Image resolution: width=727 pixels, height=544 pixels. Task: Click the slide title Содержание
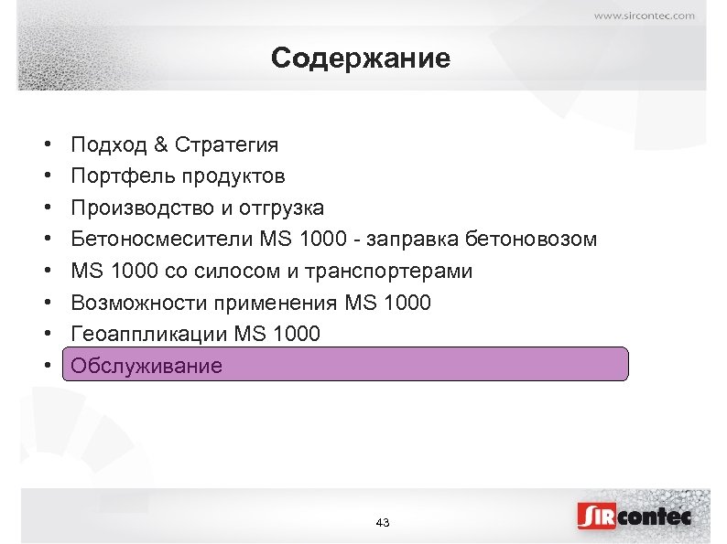(x=361, y=59)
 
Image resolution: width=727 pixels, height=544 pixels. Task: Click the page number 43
(x=383, y=522)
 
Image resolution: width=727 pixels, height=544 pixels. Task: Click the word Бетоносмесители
(x=155, y=240)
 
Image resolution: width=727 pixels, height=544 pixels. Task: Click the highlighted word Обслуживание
(x=146, y=366)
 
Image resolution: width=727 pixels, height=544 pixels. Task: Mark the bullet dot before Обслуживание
(x=46, y=366)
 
